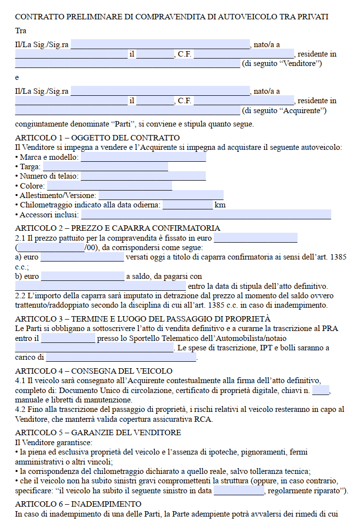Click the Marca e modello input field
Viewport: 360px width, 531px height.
(143, 157)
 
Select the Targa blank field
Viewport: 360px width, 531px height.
(105, 167)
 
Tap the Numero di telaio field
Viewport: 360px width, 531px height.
(143, 176)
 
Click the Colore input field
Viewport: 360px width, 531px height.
(109, 186)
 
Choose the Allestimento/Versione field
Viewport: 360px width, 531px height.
(161, 196)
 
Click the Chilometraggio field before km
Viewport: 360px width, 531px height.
(187, 205)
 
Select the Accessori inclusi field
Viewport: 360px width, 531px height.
(206, 215)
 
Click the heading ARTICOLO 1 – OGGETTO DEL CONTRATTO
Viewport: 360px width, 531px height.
(98, 138)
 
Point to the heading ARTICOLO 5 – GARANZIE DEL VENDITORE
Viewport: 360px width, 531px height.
(98, 432)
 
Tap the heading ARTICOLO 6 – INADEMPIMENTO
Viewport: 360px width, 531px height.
(78, 504)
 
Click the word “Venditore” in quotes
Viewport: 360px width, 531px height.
(302, 64)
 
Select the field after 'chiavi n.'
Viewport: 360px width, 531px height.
(321, 391)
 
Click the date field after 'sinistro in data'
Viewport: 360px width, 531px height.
(239, 491)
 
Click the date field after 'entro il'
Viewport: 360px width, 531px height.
(68, 338)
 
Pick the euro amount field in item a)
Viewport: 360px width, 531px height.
(82, 257)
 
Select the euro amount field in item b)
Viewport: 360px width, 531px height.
(82, 276)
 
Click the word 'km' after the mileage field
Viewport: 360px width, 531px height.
(220, 205)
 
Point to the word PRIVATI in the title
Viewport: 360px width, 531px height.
(313, 17)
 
